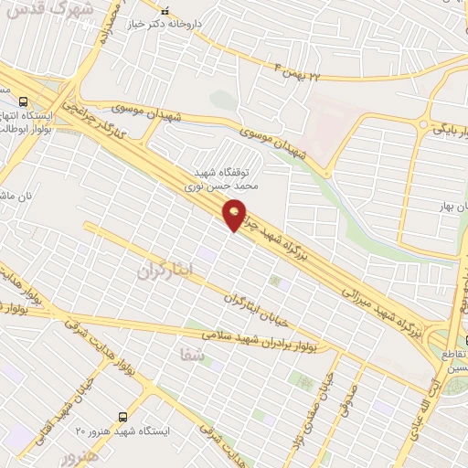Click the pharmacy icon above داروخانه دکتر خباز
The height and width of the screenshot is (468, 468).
click(165, 11)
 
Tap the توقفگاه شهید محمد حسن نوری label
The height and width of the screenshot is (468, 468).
click(226, 177)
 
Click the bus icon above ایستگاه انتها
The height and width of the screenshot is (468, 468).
click(23, 101)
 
